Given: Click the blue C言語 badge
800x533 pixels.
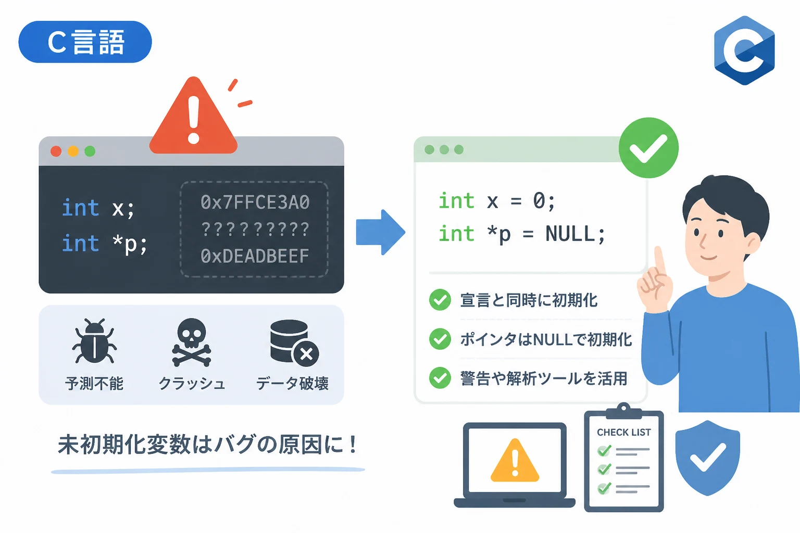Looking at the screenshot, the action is tap(85, 42).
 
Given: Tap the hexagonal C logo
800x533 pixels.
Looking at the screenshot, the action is tap(744, 50).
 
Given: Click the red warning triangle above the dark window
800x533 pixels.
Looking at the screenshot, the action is tap(194, 116).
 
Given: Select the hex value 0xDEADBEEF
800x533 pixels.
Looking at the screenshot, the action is tap(255, 256).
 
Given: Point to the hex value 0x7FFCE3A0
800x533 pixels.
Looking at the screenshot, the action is tap(255, 202).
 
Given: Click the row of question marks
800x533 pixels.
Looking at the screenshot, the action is tap(255, 229).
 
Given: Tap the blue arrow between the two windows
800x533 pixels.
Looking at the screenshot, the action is tap(381, 232).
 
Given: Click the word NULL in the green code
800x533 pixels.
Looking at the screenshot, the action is tap(570, 234).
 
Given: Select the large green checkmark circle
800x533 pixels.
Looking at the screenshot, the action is tap(648, 148).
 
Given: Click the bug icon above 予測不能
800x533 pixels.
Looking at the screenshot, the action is tap(94, 341).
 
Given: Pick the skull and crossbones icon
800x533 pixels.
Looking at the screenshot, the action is tap(192, 342).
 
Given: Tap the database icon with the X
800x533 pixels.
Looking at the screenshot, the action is tap(294, 343).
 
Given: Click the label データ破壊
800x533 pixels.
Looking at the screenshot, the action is tap(292, 384).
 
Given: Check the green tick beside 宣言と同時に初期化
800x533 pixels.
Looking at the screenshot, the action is tap(440, 299).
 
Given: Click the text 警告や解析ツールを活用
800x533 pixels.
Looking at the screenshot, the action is tap(544, 378).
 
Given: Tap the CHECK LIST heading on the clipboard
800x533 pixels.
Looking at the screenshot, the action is tap(623, 433).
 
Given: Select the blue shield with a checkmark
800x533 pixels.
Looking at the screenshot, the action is tap(707, 458).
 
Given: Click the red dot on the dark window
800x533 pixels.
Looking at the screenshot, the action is tap(56, 151).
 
